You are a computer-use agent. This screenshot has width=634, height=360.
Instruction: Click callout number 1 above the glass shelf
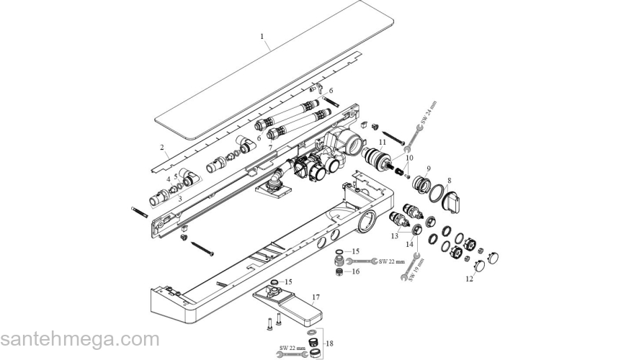[x=262, y=35]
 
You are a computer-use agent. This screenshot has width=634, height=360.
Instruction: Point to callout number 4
[x=169, y=179]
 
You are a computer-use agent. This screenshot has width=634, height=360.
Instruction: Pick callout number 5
[x=175, y=176]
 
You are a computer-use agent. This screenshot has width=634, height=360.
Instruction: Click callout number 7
[x=270, y=147]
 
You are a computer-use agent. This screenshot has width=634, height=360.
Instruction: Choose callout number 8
[x=449, y=181]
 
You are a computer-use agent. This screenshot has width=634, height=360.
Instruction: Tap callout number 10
[x=409, y=158]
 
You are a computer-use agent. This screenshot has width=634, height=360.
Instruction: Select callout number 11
[x=383, y=143]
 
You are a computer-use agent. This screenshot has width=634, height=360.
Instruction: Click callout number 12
[x=470, y=277]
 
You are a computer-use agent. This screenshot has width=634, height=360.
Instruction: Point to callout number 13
[x=394, y=235]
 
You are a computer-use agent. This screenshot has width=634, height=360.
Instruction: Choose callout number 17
[x=315, y=296]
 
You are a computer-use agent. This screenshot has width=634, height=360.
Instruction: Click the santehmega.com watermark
[x=79, y=338]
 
